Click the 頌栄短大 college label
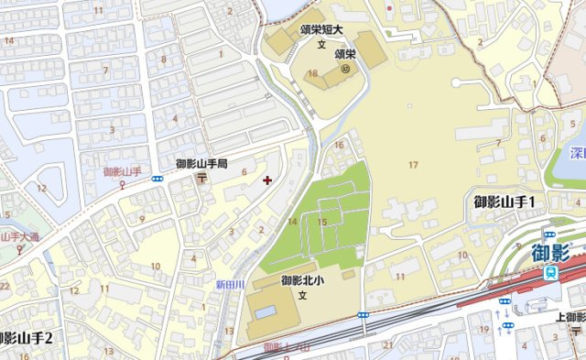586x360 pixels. coord(321,29)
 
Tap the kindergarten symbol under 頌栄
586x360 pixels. coord(346,67)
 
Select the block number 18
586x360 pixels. coord(313,73)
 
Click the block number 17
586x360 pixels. coord(413,164)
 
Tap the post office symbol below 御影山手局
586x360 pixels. coord(201,179)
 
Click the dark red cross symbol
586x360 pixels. coord(266,180)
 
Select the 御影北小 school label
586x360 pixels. coord(303,280)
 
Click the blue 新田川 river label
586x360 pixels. coord(230,285)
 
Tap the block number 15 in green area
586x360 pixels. coord(321,222)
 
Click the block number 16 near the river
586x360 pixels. coord(339,145)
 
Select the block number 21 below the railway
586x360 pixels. coord(388,344)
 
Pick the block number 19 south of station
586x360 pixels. coord(483,329)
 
